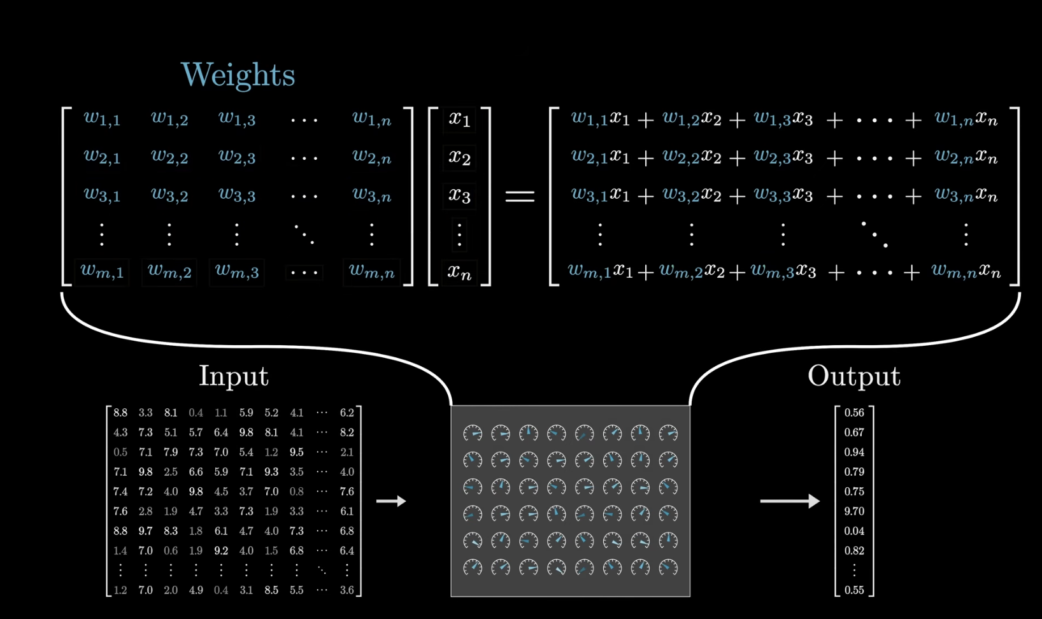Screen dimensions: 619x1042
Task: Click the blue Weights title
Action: click(x=238, y=75)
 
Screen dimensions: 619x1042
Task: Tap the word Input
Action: click(x=234, y=376)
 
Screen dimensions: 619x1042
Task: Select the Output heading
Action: click(x=853, y=376)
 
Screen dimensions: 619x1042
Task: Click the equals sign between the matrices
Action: click(x=520, y=196)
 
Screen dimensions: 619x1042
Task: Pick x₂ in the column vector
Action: click(x=459, y=157)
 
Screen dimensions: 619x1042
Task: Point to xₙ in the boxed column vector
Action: click(x=459, y=273)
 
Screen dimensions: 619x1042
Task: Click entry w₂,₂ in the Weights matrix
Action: click(x=169, y=157)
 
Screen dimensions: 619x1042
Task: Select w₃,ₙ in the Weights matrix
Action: click(x=372, y=196)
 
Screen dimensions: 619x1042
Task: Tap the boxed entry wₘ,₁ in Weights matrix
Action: click(x=102, y=272)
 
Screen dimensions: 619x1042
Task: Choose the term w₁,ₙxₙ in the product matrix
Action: click(x=966, y=119)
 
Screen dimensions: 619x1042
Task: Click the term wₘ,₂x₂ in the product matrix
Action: click(x=690, y=272)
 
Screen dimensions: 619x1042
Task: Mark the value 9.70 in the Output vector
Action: click(x=854, y=511)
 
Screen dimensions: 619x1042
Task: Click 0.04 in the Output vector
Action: click(x=854, y=531)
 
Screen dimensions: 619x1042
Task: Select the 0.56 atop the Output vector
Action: click(x=854, y=413)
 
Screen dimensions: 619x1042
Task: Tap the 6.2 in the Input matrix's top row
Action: click(x=346, y=413)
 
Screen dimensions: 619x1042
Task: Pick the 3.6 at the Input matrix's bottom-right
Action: click(x=346, y=590)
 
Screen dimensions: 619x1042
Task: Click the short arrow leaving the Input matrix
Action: click(x=391, y=501)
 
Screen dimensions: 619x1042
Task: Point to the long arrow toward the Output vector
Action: click(x=789, y=501)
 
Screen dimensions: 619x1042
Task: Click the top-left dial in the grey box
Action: click(x=473, y=433)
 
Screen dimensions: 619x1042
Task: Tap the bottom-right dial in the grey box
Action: click(x=668, y=567)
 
